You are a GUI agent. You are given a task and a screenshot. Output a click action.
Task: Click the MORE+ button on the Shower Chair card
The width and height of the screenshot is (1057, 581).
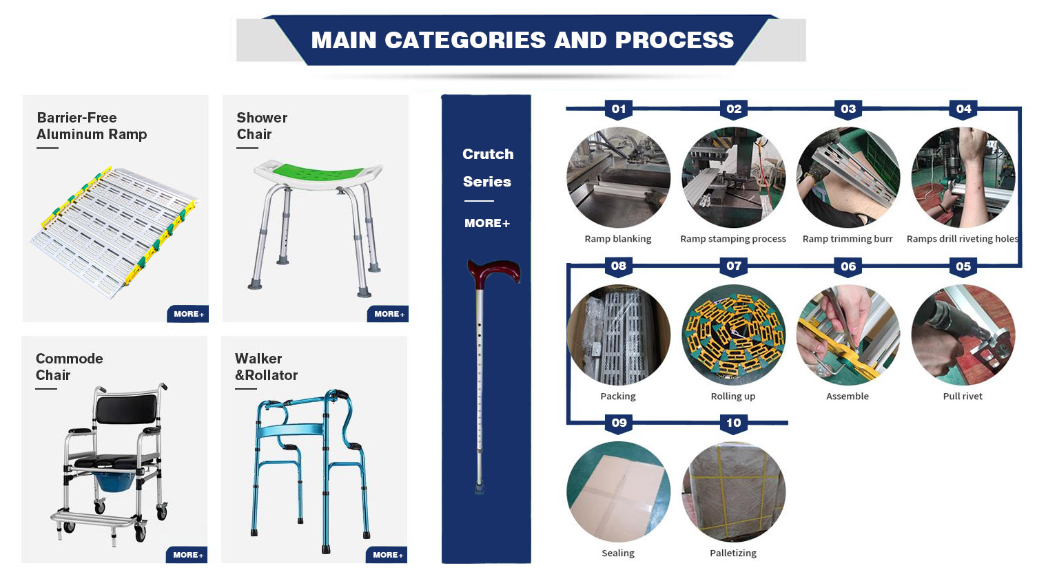(388, 314)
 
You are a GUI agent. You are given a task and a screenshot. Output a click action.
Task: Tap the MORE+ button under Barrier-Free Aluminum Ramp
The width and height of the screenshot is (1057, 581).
(188, 314)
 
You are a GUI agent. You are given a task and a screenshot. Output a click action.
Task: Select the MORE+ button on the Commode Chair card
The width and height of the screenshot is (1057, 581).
(187, 555)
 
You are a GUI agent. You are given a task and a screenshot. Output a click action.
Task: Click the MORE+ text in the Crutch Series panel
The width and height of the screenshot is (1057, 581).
(487, 223)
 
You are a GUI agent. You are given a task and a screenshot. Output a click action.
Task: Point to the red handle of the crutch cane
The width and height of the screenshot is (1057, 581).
(493, 271)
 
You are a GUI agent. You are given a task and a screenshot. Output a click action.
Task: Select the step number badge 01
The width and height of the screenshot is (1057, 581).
(618, 109)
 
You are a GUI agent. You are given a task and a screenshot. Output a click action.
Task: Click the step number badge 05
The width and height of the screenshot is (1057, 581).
(963, 266)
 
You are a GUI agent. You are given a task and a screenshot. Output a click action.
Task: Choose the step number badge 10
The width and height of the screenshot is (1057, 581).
(733, 423)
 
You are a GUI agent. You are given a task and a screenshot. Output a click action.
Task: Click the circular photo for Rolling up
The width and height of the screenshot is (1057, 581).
(733, 335)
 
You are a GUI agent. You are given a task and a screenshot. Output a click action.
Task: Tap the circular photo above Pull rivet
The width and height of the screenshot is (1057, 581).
(963, 335)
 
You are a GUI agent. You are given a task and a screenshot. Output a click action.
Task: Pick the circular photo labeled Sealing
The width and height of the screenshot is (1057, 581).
(618, 492)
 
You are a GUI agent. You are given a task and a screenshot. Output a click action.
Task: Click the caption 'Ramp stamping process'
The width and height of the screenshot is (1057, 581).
(733, 239)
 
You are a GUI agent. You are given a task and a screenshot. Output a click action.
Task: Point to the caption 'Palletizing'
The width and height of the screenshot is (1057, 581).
(733, 553)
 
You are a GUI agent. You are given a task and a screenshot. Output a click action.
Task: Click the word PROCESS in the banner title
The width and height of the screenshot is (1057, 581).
(675, 40)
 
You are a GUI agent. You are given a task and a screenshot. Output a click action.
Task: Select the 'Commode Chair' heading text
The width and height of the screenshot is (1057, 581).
(69, 367)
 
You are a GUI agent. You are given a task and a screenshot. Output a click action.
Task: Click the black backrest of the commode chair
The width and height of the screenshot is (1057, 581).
(126, 408)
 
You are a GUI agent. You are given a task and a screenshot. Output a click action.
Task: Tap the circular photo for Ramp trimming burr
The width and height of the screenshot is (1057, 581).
(848, 178)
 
